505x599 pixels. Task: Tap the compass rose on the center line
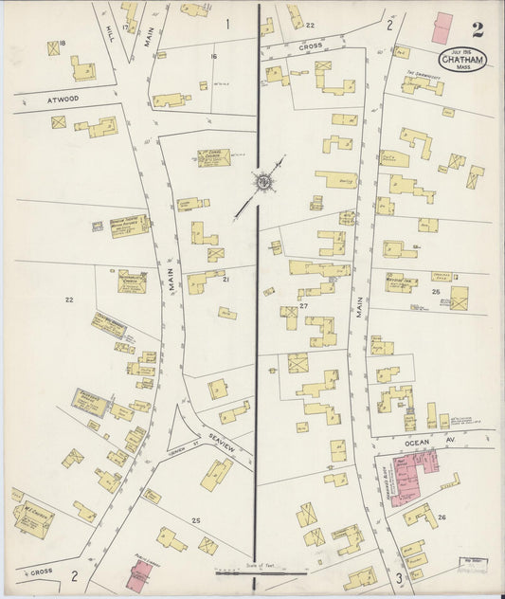point(262,180)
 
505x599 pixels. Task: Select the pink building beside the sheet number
point(443,27)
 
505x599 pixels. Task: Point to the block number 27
point(303,307)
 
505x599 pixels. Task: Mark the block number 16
point(214,57)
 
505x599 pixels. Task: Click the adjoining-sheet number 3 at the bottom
point(400,577)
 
